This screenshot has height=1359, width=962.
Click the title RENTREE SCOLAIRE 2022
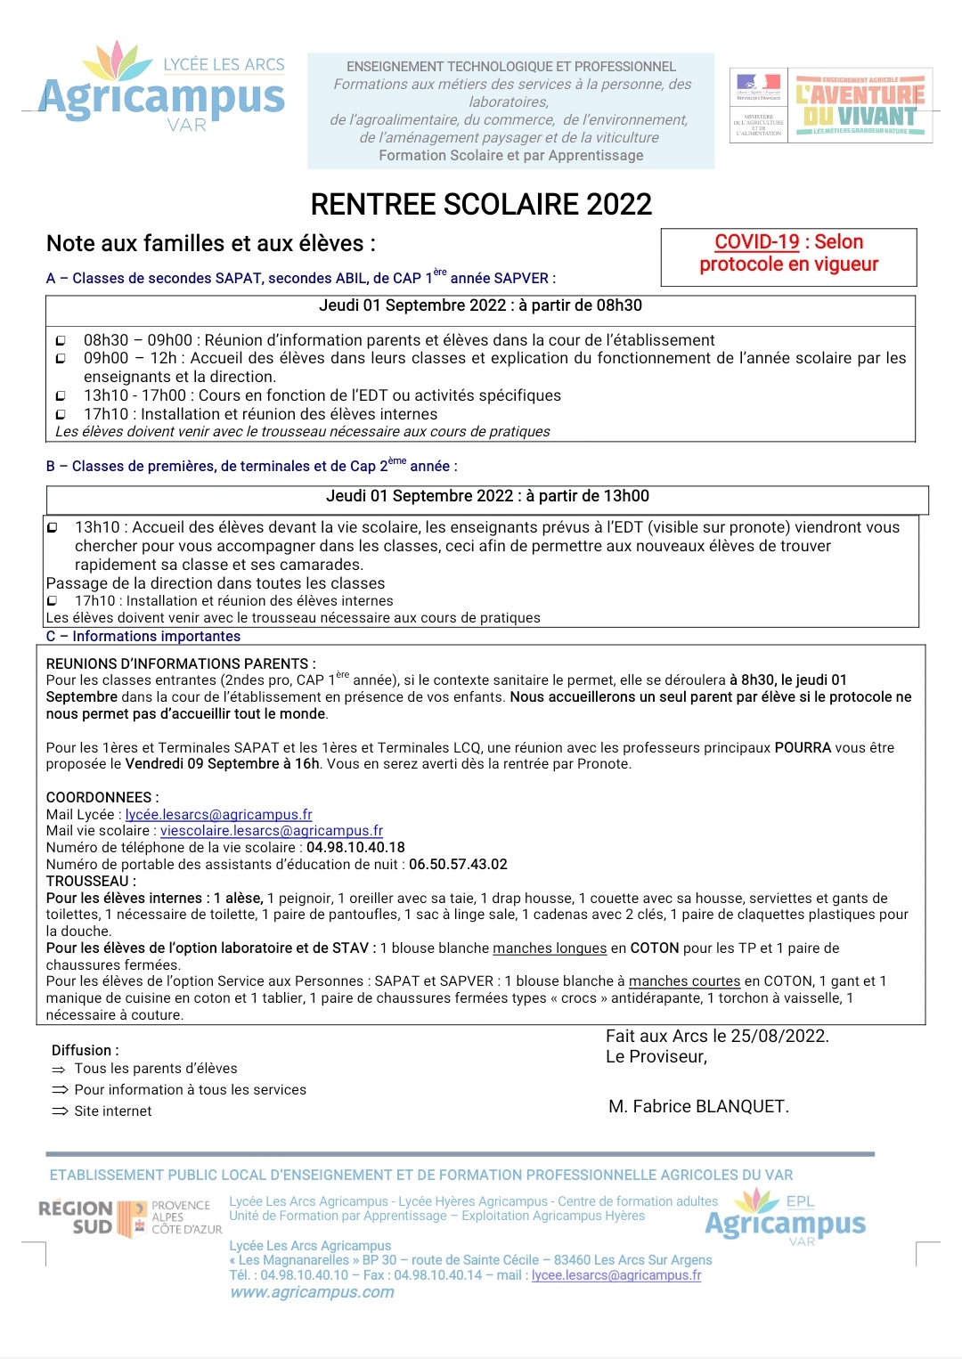(x=481, y=204)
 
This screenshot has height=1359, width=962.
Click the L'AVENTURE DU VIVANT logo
(x=860, y=105)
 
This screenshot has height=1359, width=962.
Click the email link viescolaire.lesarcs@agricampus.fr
(x=272, y=831)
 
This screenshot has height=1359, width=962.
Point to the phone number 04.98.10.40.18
(x=355, y=848)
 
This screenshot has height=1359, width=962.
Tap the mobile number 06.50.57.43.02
(x=458, y=865)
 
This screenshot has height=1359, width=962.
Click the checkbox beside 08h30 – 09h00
(x=61, y=341)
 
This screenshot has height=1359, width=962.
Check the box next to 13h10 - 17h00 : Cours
(x=61, y=396)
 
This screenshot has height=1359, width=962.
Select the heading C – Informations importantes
(x=143, y=637)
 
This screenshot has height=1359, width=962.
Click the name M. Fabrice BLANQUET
(x=698, y=1107)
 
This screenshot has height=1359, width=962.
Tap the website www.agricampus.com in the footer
(x=312, y=1293)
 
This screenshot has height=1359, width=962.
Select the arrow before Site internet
(x=60, y=1112)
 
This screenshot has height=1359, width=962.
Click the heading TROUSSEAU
(x=90, y=882)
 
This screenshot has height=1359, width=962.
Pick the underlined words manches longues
(x=550, y=949)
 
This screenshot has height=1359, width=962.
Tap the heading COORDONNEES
(x=102, y=798)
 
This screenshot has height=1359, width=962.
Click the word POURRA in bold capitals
(x=803, y=748)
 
